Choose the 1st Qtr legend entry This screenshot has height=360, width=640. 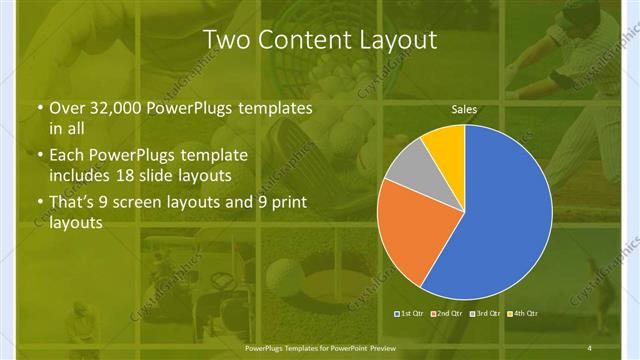(411, 314)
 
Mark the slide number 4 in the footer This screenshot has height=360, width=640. (589, 347)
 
